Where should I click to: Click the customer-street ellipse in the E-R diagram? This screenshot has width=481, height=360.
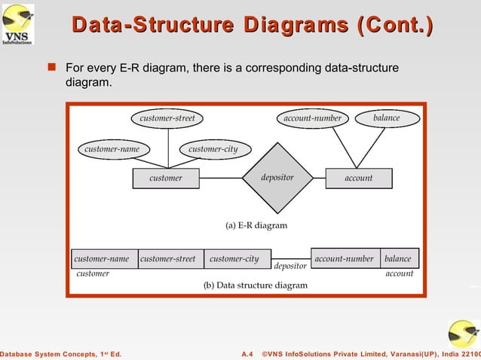[167, 118]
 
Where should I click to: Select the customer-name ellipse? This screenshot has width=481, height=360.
[112, 149]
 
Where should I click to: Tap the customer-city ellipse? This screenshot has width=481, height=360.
[213, 149]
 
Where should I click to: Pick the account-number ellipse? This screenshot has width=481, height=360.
[312, 118]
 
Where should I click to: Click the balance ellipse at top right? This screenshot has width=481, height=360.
[386, 118]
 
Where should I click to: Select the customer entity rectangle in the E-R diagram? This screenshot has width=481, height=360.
[166, 178]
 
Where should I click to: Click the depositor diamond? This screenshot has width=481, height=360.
[277, 178]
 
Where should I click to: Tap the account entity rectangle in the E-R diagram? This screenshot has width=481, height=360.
[358, 178]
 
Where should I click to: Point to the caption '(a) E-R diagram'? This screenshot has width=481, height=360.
[256, 224]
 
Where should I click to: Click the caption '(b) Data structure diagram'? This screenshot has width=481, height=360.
[256, 285]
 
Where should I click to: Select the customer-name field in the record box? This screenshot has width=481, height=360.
[104, 258]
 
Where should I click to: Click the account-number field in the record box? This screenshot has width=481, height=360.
[345, 258]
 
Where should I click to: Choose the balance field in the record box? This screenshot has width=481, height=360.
[398, 258]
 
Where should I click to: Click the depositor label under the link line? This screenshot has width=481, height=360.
[290, 267]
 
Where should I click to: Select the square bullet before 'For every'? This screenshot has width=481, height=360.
[52, 69]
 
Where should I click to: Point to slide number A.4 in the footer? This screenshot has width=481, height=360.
[247, 353]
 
